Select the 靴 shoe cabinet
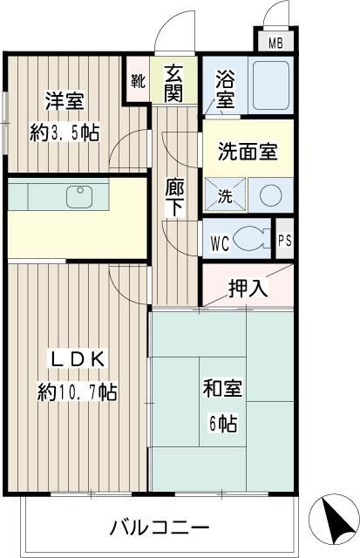[138, 82]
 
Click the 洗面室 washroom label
[248, 150]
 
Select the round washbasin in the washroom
[270, 194]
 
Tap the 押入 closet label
[248, 286]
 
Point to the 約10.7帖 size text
[77, 391]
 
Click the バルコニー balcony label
[159, 528]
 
